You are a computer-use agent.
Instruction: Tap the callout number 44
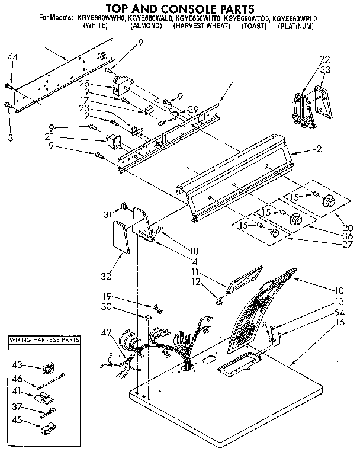12,57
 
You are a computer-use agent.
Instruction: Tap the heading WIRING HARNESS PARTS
44,341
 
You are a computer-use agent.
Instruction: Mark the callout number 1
44,46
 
